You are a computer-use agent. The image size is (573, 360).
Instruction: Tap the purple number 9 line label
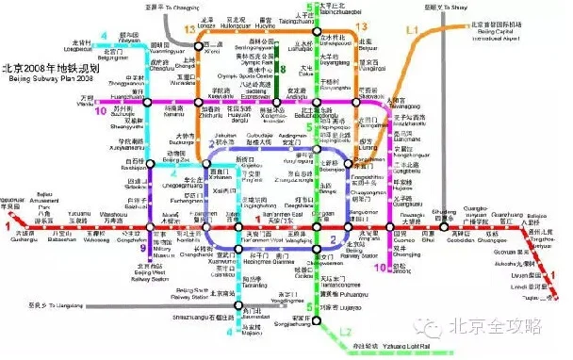[x=144, y=250]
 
